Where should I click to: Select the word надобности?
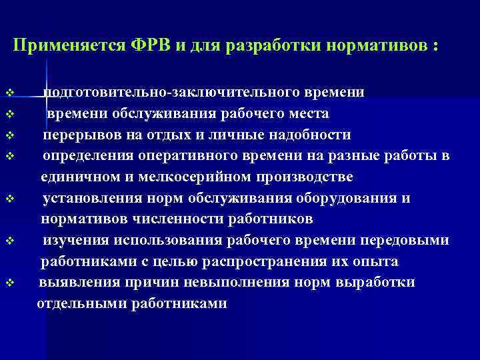point(311,135)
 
